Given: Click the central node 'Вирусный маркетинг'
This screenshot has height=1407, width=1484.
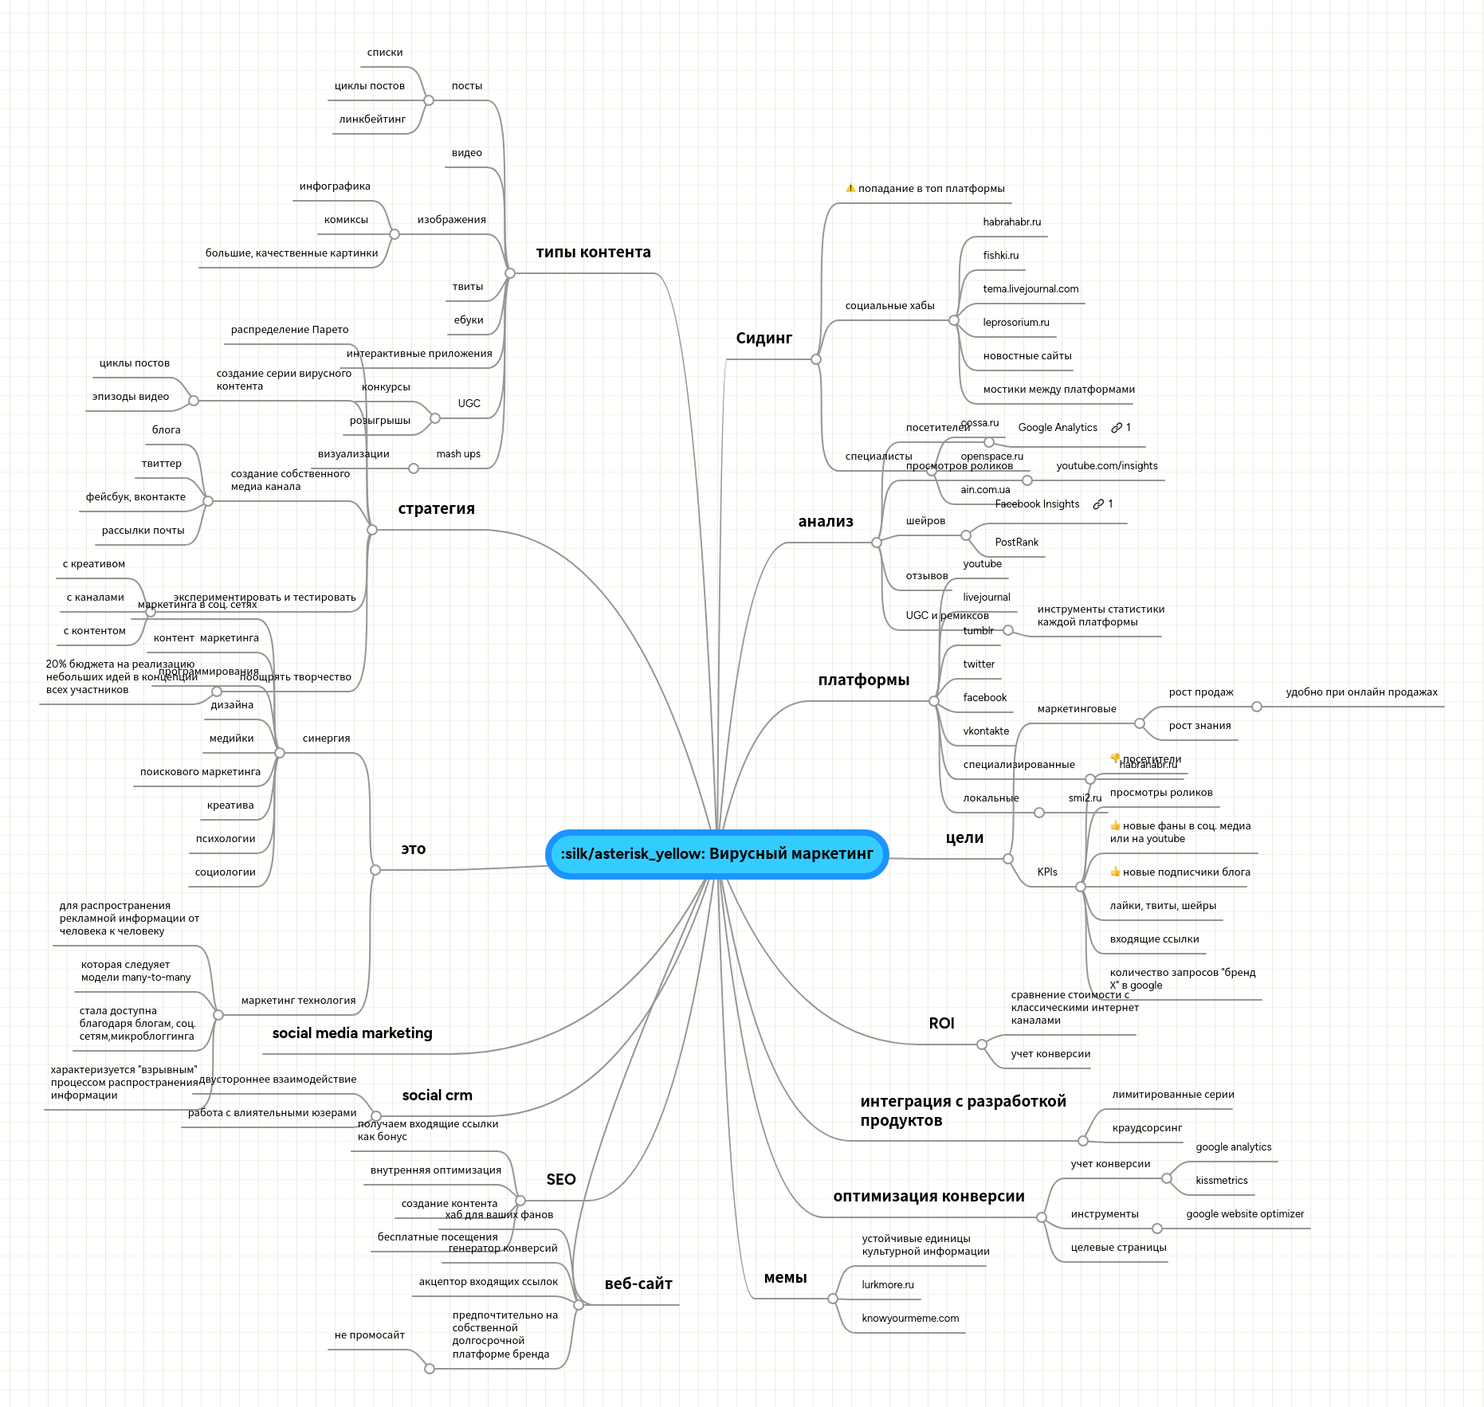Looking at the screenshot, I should click(x=716, y=854).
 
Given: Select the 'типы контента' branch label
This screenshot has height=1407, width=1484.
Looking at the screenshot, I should click(x=593, y=253).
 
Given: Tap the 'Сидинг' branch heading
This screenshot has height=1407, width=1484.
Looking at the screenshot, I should click(x=764, y=339).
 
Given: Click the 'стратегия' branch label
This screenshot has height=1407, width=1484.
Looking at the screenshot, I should click(x=436, y=509).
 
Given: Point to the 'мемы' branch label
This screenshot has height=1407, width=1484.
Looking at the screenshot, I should click(x=785, y=1278).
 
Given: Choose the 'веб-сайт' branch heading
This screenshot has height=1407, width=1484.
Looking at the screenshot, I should click(x=638, y=1284).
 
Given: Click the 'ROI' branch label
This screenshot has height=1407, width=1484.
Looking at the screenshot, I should click(x=941, y=1024).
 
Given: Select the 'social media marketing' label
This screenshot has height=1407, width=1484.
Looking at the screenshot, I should click(x=352, y=1033).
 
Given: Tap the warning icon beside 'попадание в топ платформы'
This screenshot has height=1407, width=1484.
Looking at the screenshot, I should click(x=850, y=189).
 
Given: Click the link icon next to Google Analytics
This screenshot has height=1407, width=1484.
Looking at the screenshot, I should click(x=1117, y=428).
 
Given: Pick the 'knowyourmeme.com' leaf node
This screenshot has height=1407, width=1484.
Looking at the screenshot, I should click(x=910, y=1319).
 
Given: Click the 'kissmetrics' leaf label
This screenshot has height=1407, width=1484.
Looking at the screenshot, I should click(x=1221, y=1181).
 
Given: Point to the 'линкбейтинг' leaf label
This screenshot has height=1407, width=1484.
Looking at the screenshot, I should click(x=372, y=120).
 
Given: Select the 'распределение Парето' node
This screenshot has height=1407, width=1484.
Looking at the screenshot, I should click(x=289, y=330).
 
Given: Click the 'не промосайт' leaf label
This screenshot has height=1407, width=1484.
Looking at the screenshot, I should click(x=370, y=1335).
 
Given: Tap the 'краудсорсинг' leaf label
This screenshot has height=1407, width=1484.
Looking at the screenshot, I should click(x=1147, y=1128).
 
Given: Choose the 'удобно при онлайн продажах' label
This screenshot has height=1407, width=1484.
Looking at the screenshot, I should click(x=1361, y=692).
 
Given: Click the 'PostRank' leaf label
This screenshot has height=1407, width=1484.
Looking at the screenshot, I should click(x=1016, y=543).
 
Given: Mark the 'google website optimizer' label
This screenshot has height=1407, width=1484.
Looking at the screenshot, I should click(x=1245, y=1214).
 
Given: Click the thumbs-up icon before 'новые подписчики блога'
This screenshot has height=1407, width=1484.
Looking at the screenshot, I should click(x=1115, y=872).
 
